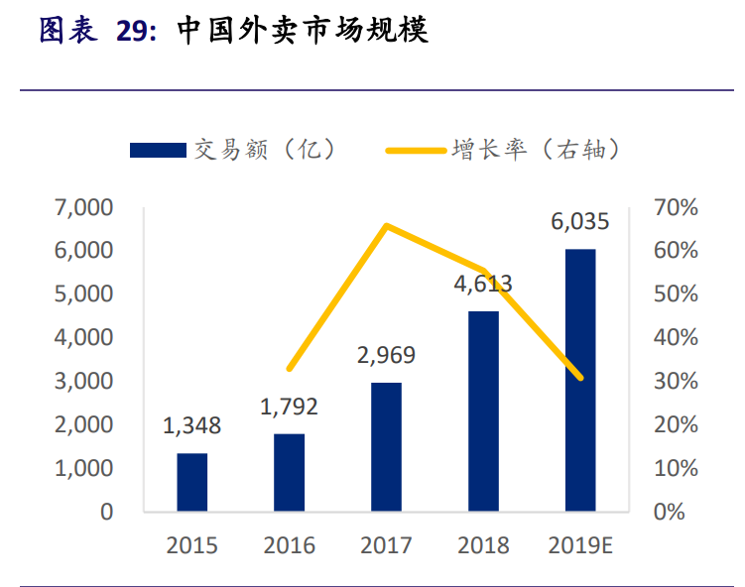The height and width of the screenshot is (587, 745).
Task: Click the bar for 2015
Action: (x=192, y=482)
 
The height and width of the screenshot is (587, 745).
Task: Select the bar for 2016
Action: (x=290, y=472)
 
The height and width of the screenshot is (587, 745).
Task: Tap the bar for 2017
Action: (x=386, y=446)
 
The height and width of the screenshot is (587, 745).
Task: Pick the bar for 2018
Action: (x=483, y=411)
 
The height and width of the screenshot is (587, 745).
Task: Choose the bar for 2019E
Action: (x=580, y=380)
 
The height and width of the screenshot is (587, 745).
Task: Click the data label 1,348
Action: (x=192, y=427)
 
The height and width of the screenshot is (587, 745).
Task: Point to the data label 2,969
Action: (x=386, y=356)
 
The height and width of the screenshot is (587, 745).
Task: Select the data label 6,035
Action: (x=580, y=222)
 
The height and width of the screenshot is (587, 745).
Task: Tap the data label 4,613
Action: (x=483, y=285)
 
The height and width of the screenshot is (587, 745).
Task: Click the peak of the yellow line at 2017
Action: (x=386, y=226)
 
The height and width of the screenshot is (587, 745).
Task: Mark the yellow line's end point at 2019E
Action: (x=580, y=378)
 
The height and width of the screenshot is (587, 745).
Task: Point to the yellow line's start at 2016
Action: (x=290, y=369)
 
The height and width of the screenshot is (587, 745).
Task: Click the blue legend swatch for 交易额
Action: (x=158, y=150)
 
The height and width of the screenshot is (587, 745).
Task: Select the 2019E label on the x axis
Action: (x=580, y=545)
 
